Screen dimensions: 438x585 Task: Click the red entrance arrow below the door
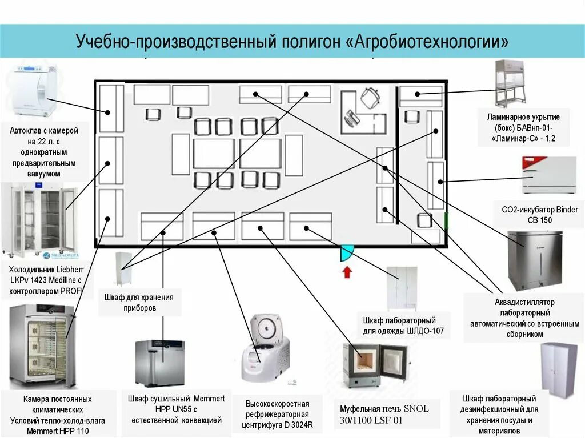tap(346, 272)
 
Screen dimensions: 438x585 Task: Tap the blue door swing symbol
tap(347, 252)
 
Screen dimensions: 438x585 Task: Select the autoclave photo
tap(33, 91)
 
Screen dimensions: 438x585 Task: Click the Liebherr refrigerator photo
tap(40, 220)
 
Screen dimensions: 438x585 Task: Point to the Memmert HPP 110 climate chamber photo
tap(43, 346)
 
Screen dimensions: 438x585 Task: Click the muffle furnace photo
tap(374, 364)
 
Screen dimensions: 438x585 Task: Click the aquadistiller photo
tap(534, 260)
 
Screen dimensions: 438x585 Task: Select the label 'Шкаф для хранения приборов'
tap(139, 302)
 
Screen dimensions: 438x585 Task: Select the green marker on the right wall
tap(446, 221)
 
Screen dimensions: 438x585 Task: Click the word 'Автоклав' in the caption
tap(25, 131)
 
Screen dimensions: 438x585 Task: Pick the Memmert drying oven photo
tap(160, 363)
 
